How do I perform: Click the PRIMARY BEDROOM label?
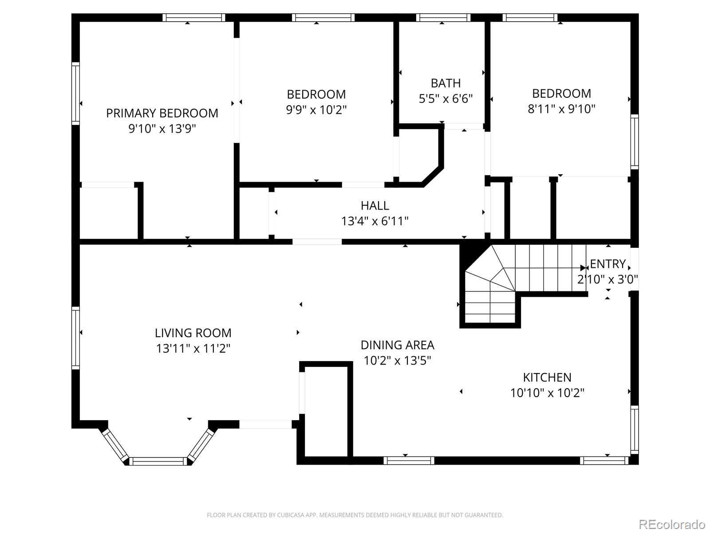tap(162, 113)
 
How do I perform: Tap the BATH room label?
tap(446, 83)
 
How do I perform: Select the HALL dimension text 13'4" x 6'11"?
tap(375, 221)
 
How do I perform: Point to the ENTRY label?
tap(607, 264)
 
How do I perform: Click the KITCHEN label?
tap(547, 377)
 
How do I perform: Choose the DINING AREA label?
tap(397, 345)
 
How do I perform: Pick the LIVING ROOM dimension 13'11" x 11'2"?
tap(193, 348)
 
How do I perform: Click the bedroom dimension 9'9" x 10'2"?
tap(316, 109)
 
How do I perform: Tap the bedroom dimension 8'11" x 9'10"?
tap(561, 109)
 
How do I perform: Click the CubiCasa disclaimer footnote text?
tap(355, 515)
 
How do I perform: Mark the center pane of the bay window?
tap(158, 461)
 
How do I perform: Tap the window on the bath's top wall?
tap(443, 18)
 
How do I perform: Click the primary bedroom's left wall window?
tap(75, 93)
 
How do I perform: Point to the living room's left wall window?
tap(75, 338)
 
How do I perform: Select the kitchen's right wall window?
tap(635, 429)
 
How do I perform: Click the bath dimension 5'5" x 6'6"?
tap(446, 99)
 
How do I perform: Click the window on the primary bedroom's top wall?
tap(193, 18)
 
